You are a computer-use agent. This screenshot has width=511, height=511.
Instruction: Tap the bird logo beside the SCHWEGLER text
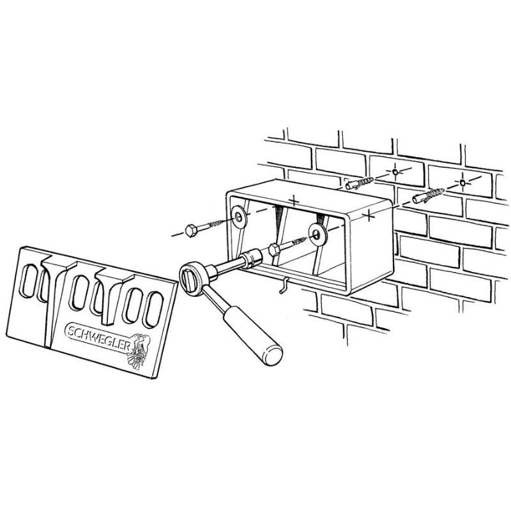pyautogui.click(x=139, y=351)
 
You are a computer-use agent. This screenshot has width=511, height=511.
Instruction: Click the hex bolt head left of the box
pyautogui.click(x=190, y=231)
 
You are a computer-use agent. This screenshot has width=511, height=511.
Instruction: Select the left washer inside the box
pyautogui.click(x=240, y=216)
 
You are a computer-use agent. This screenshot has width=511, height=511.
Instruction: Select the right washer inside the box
pyautogui.click(x=317, y=233)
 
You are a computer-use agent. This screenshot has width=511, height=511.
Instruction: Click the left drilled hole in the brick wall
pyautogui.click(x=395, y=172)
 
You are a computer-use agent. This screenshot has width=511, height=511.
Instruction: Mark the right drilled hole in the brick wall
pyautogui.click(x=463, y=183)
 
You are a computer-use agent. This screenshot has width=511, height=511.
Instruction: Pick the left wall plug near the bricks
pyautogui.click(x=359, y=183)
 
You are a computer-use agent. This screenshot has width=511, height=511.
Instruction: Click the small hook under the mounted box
pyautogui.click(x=283, y=286)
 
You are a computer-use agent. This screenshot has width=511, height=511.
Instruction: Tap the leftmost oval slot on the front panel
pyautogui.click(x=29, y=281)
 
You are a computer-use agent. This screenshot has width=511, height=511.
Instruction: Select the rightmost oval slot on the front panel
pyautogui.click(x=153, y=309)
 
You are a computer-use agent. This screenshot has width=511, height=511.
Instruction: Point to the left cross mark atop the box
pyautogui.click(x=294, y=200)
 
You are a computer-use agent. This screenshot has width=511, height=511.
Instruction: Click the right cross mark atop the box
pyautogui.click(x=369, y=215)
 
